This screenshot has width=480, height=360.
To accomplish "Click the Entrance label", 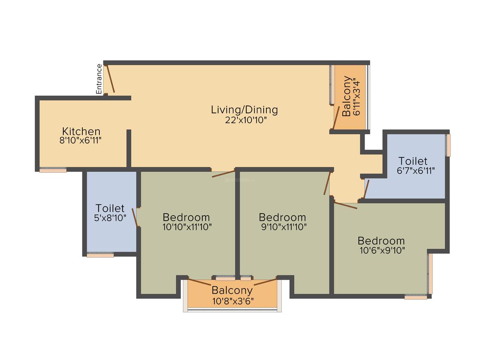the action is click(99, 79).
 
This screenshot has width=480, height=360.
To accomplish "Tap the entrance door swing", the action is click(110, 78).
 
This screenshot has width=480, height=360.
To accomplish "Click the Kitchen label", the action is click(81, 131).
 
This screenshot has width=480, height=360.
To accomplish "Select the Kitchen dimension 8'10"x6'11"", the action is click(81, 141).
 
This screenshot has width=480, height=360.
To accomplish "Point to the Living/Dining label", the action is click(244, 110).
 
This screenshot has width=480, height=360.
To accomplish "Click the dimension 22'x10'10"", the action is click(246, 120).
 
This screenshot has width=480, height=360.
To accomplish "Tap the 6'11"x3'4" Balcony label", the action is click(346, 96).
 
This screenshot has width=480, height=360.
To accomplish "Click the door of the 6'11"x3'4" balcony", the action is click(336, 118).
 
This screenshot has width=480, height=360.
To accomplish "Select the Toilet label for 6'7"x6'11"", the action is click(413, 161).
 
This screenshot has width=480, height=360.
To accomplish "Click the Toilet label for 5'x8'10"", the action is click(110, 209).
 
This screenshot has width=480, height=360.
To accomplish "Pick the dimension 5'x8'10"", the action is click(110, 218).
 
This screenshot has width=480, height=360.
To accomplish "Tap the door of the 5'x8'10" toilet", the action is click(135, 217).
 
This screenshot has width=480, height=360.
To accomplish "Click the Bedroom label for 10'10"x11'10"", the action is click(186, 217).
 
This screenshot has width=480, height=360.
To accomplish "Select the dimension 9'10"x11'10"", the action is click(284, 227).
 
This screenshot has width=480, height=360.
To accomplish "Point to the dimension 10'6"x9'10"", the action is click(382, 250).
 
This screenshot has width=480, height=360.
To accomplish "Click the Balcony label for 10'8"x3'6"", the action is click(232, 290).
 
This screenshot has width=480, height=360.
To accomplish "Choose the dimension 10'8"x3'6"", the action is click(233, 301).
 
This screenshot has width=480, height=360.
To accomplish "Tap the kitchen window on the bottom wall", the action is click(53, 170).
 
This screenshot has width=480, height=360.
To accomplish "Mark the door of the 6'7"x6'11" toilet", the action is click(367, 189).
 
